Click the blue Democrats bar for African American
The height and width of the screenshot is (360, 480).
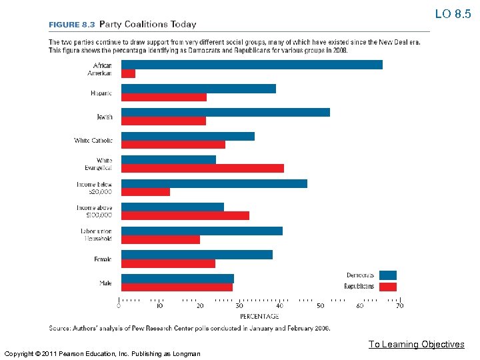pos(252,65)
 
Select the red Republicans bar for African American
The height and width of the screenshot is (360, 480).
pos(128,73)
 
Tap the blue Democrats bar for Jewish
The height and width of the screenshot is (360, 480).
pos(225,112)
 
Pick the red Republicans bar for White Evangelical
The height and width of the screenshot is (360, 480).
pos(203,168)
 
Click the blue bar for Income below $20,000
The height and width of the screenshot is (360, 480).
pos(214,183)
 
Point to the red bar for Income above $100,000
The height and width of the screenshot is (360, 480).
pos(185,215)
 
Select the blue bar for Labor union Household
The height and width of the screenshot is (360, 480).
pos(202,231)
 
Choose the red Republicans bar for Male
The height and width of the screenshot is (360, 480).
pos(177,287)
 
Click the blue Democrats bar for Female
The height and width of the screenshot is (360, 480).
pos(197,254)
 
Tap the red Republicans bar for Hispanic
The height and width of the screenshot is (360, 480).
pos(164,97)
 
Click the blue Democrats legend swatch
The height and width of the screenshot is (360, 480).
pos(387,275)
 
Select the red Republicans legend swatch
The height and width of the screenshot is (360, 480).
pos(387,287)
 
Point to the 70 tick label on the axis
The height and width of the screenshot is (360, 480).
pos(399,306)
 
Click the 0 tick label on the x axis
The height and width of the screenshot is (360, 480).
pos(119,306)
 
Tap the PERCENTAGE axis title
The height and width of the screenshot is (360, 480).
pos(259,316)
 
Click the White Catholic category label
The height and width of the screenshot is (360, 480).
pos(93,141)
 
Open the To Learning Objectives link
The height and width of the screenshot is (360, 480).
pos(416,344)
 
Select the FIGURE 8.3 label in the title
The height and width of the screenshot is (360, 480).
pos(71,25)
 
